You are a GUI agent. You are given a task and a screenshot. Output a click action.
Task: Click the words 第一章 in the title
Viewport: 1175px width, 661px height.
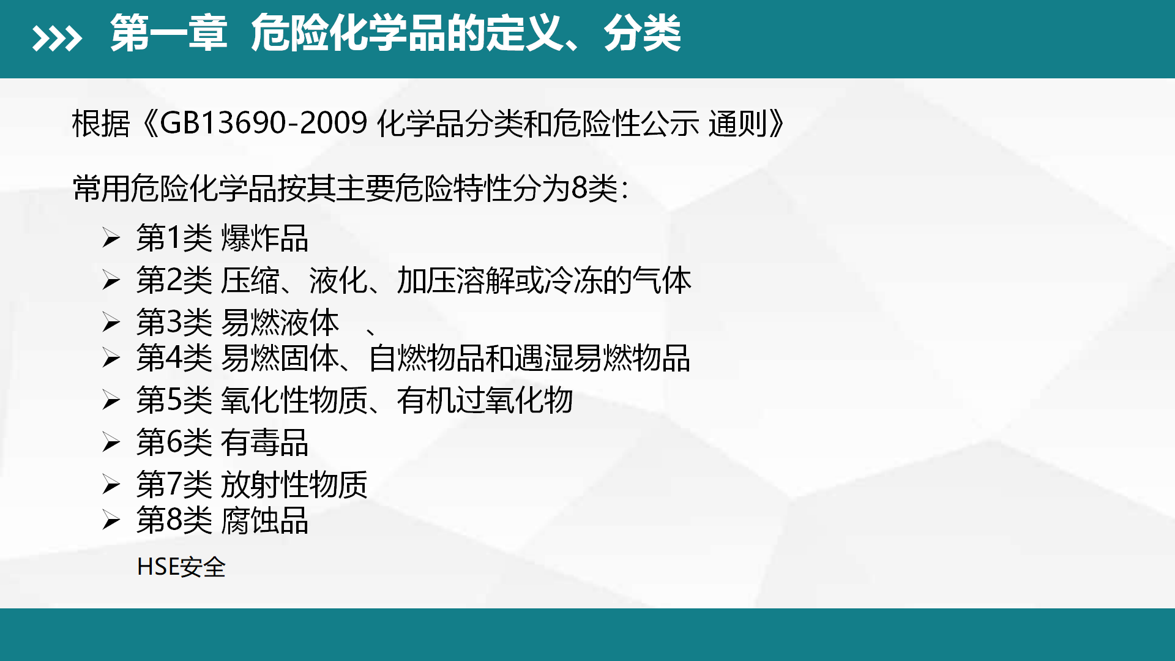pyautogui.click(x=169, y=33)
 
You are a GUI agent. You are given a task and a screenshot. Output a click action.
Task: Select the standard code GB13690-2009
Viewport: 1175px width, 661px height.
pyautogui.click(x=263, y=123)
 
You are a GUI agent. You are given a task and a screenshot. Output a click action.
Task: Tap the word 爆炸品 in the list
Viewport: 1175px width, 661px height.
pyautogui.click(x=264, y=238)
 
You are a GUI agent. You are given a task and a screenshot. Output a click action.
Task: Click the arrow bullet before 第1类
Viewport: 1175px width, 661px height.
pyautogui.click(x=111, y=237)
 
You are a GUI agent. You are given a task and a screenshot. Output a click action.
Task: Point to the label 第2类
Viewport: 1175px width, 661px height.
pyautogui.click(x=174, y=280)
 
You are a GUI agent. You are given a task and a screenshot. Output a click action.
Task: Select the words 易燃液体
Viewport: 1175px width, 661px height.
pyautogui.click(x=280, y=322)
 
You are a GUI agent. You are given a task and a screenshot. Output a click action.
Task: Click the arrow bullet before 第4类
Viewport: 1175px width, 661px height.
pyautogui.click(x=111, y=357)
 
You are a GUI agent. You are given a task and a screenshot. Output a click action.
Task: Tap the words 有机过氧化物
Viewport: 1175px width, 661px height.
pyautogui.click(x=485, y=400)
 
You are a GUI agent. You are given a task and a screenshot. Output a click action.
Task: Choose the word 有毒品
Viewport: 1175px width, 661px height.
pyautogui.click(x=264, y=442)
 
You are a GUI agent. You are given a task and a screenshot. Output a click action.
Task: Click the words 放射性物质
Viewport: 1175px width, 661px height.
pyautogui.click(x=294, y=484)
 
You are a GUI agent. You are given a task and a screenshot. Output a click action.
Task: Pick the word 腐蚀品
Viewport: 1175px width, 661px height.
pyautogui.click(x=264, y=520)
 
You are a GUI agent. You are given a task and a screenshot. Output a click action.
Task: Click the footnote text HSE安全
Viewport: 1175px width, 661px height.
pyautogui.click(x=181, y=567)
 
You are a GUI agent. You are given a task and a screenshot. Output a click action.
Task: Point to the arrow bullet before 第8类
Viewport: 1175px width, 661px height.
pyautogui.click(x=111, y=520)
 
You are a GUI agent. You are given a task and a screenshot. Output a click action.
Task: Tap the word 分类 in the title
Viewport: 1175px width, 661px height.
pyautogui.click(x=642, y=33)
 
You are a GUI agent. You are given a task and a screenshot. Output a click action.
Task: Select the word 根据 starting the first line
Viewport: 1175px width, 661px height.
pyautogui.click(x=101, y=124)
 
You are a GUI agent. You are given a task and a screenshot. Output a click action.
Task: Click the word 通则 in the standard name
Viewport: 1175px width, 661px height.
pyautogui.click(x=737, y=124)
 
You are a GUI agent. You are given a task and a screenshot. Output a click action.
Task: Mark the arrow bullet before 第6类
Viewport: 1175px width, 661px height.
pyautogui.click(x=111, y=442)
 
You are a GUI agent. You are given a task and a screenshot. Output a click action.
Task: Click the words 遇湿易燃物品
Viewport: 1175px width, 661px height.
pyautogui.click(x=602, y=358)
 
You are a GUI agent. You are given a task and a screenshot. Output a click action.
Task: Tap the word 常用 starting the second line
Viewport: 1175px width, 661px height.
pyautogui.click(x=102, y=188)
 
